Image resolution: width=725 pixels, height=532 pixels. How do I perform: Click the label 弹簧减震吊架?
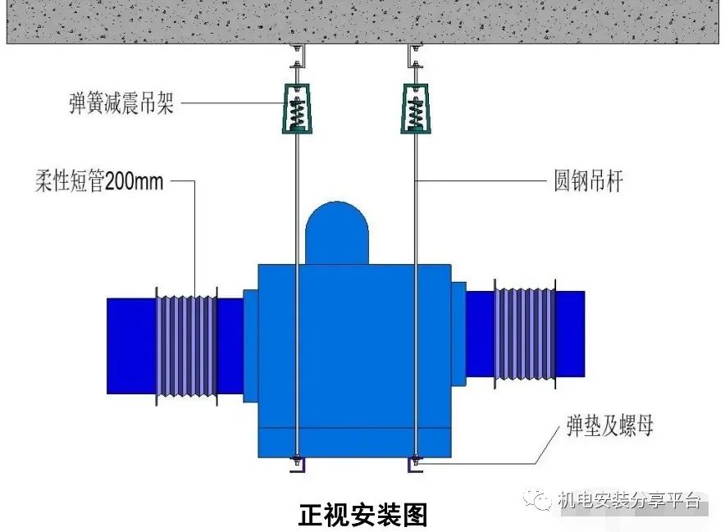click(122, 104)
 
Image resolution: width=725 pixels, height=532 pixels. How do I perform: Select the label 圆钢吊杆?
click(588, 180)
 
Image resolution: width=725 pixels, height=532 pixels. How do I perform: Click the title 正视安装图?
click(362, 514)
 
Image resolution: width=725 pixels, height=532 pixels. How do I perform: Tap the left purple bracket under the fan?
click(296, 465)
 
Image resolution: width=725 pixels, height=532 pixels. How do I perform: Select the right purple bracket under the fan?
click(416, 465)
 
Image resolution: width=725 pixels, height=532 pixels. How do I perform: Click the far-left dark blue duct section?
click(130, 345)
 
